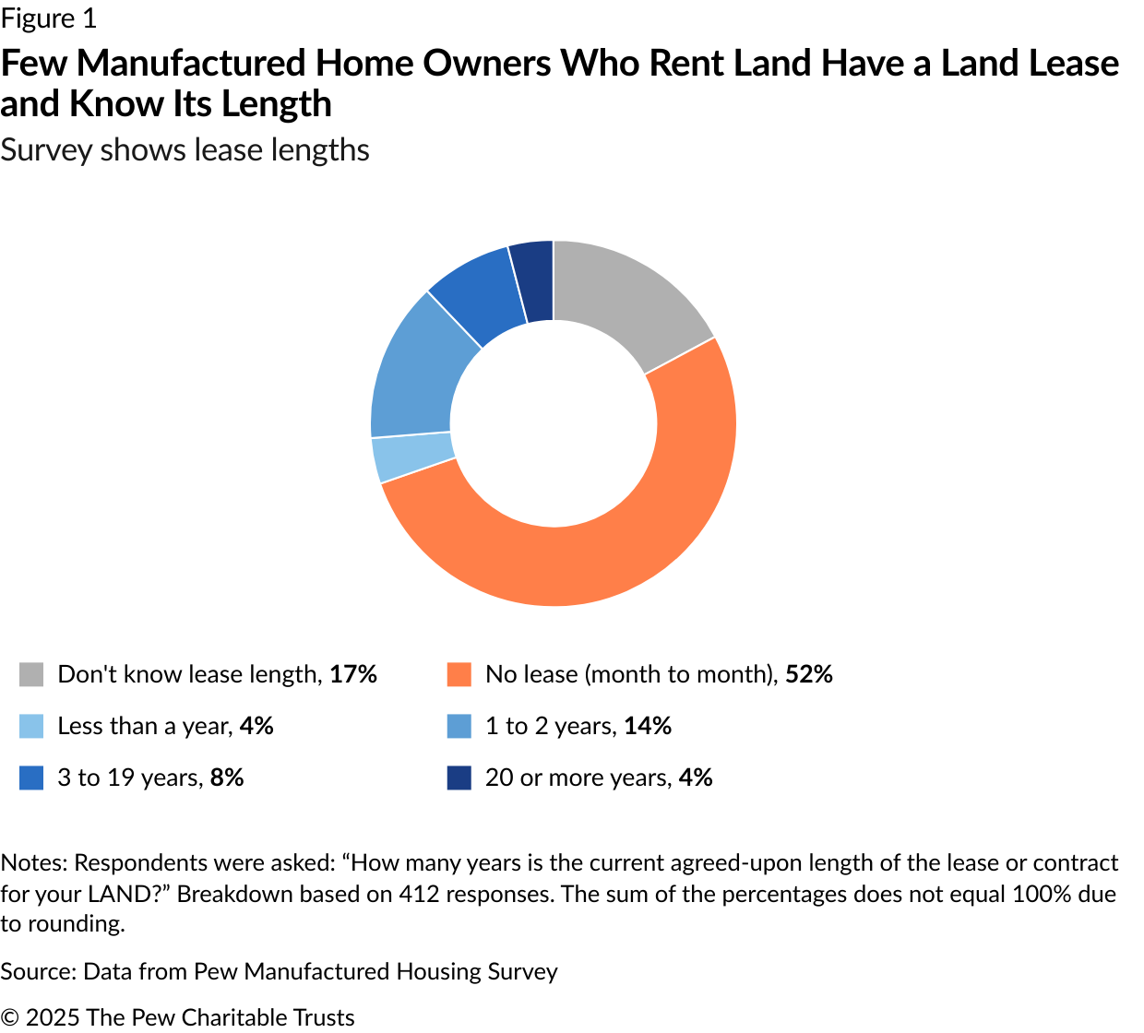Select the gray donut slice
627,297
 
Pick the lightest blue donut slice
411,457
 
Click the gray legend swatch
31,675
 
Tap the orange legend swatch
459,675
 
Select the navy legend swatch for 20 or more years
459,778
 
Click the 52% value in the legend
809,674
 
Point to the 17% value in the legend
353,674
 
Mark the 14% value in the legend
648,726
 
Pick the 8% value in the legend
227,778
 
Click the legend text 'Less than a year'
145,726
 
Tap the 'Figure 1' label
49,18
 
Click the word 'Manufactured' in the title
193,63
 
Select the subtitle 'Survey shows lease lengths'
185,150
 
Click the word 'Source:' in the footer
39,971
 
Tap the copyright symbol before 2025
10,1018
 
